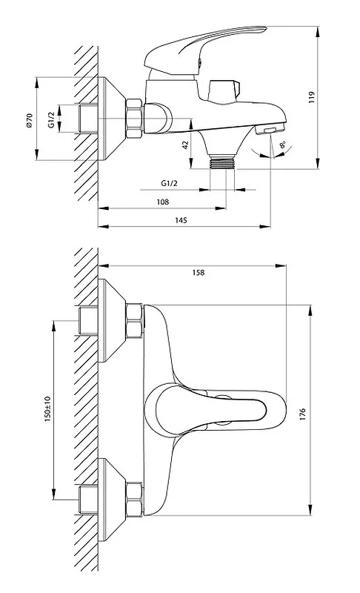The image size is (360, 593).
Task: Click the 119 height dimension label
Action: pos(311,97)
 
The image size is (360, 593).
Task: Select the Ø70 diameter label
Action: pos(30,120)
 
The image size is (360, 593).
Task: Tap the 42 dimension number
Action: pos(185,145)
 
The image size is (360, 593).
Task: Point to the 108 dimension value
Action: pos(163,202)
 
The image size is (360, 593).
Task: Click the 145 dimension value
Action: pos(181,220)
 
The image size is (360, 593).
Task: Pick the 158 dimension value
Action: pos(199,272)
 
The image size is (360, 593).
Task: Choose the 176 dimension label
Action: pos(301,414)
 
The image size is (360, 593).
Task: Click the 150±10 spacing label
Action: pos(47,409)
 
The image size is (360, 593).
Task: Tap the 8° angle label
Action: pos(282,145)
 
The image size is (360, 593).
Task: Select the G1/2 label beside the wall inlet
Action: pos(52,120)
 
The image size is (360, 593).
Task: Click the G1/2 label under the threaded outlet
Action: pos(169,183)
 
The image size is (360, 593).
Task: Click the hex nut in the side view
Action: pos(134,119)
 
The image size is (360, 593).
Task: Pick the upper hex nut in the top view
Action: pos(134,320)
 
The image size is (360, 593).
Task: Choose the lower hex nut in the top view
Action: pos(134,500)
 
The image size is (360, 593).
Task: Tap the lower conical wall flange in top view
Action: pos(112,500)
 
